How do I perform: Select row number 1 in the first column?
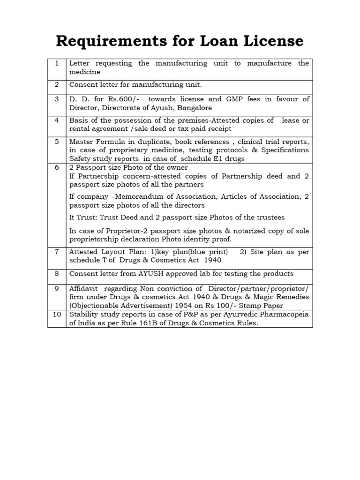[57, 63]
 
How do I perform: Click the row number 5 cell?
[57, 141]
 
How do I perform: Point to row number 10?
[57, 314]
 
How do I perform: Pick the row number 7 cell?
[57, 251]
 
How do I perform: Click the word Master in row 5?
[82, 141]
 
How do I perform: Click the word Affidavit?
[84, 288]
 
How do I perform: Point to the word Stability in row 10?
[85, 314]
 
